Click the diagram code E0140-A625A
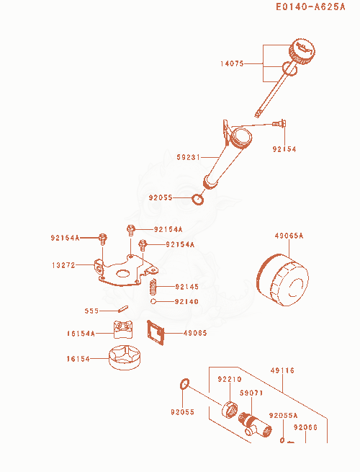point(310,6)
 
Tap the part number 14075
point(232,64)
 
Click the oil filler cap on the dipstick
point(302,51)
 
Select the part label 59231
point(188,157)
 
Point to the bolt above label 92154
point(279,123)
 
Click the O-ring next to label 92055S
point(198,200)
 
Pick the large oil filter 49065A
point(282,280)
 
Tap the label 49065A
point(289,236)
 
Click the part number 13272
point(63,265)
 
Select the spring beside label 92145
point(153,287)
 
